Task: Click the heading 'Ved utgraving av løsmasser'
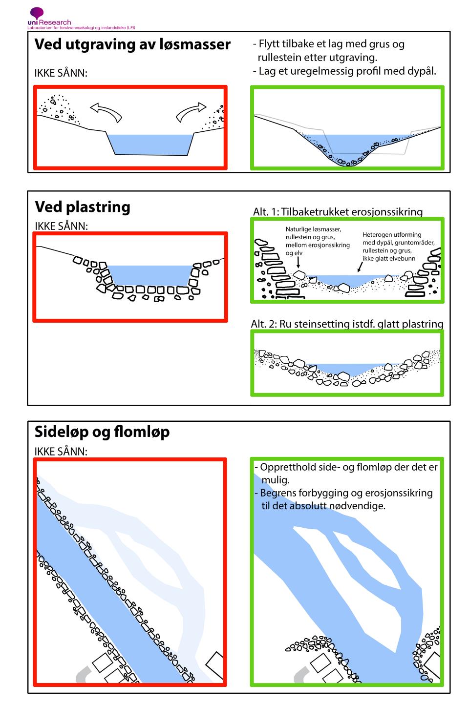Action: tap(132, 45)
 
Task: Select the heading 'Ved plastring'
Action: tap(83, 207)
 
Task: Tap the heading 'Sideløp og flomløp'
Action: tap(102, 432)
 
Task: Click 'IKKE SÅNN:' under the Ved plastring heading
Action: tap(61, 226)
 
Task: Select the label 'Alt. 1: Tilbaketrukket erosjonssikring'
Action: tap(338, 212)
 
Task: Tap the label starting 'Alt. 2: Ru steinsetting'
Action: tap(347, 324)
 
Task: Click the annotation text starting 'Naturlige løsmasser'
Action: tap(318, 241)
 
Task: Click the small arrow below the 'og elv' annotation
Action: tap(299, 262)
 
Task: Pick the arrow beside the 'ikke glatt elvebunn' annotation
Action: tap(360, 267)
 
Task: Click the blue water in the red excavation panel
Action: tap(149, 144)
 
